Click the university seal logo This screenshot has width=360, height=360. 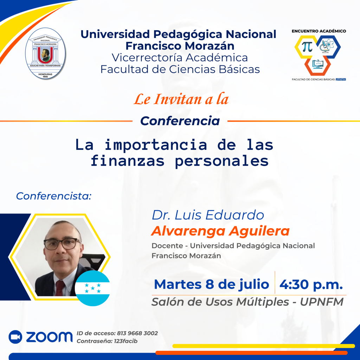[x=45, y=53]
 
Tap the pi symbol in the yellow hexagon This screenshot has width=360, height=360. [x=307, y=47]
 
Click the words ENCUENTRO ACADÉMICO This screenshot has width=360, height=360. [x=319, y=31]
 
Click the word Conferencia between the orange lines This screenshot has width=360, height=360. [x=180, y=121]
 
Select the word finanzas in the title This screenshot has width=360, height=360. [x=128, y=161]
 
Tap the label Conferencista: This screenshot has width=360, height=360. [x=54, y=196]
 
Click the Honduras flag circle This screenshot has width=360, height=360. [x=92, y=288]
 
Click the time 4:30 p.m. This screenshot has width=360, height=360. [x=311, y=284]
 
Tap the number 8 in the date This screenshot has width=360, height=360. [x=210, y=284]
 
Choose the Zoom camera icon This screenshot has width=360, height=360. [x=15, y=337]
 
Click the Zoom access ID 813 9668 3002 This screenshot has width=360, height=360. [x=137, y=333]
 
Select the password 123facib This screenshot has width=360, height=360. [x=126, y=341]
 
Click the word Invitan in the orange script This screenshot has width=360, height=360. [x=178, y=99]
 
